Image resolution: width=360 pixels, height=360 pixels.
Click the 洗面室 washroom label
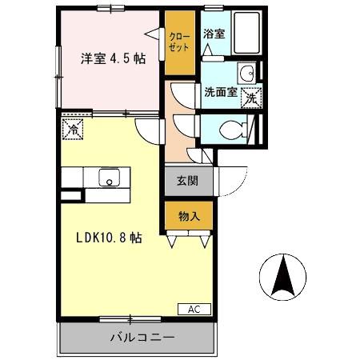220,92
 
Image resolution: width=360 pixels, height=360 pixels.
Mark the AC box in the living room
194,309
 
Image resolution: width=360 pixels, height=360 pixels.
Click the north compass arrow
282,277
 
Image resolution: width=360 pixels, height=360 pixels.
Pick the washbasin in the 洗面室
248,75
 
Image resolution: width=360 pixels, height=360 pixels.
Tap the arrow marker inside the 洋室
151,33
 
